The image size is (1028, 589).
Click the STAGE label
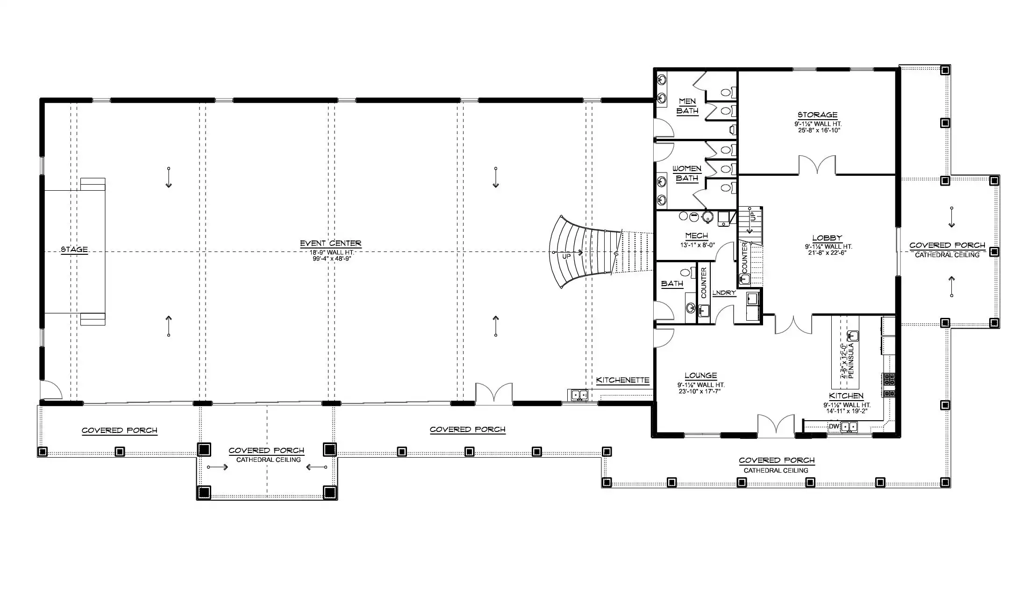[x=74, y=249]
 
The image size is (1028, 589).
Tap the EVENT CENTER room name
[x=330, y=244]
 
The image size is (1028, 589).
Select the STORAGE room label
[x=817, y=115]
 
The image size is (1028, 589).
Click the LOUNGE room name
[x=700, y=375]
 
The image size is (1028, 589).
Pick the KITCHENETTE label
[x=623, y=380]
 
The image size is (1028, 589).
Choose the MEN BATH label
[x=687, y=106]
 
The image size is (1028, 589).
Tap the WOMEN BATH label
[x=687, y=173]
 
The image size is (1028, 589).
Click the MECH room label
[x=696, y=236]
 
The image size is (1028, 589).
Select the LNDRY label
[x=724, y=293]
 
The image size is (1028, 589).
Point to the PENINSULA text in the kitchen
[x=851, y=361]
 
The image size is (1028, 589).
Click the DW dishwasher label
[x=834, y=426]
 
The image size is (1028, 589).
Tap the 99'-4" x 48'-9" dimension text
[x=332, y=259]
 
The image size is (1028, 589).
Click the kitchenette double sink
[x=580, y=395]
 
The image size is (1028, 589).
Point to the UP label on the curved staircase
[x=566, y=257]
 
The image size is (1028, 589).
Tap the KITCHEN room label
[x=846, y=396]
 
